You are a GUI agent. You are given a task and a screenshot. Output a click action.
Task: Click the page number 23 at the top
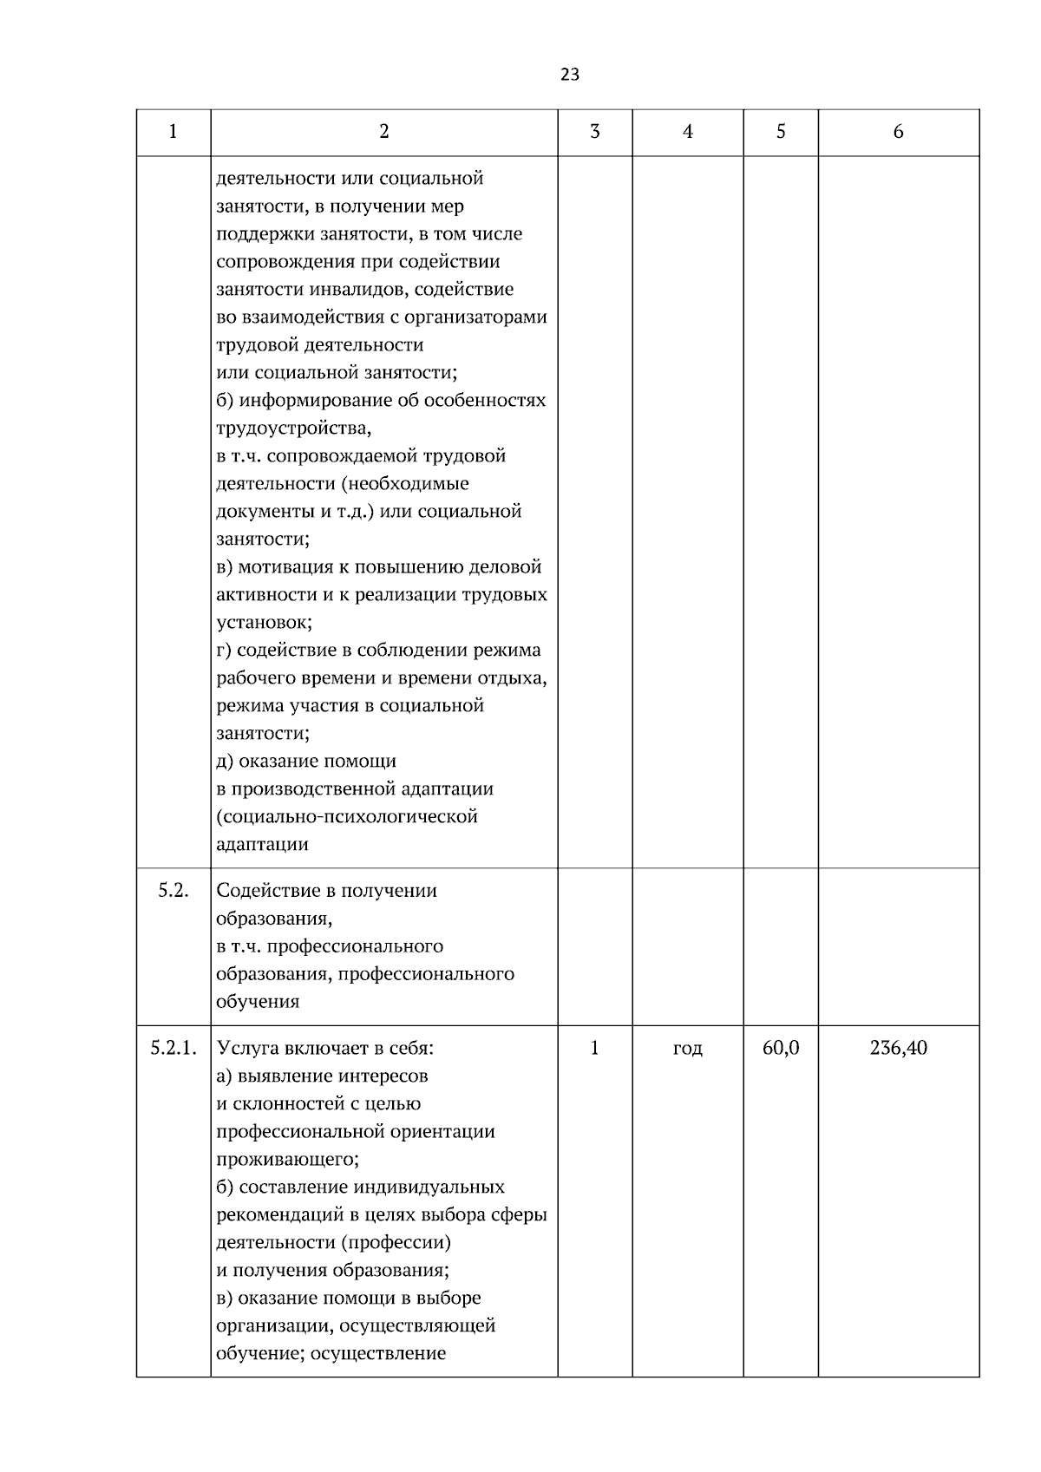[x=570, y=75]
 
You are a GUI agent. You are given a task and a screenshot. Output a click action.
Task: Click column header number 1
[x=173, y=132]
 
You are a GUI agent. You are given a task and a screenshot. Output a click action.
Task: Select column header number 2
[x=384, y=132]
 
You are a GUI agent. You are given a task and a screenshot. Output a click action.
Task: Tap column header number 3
[x=595, y=132]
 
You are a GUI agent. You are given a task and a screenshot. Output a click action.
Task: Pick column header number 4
[x=688, y=132]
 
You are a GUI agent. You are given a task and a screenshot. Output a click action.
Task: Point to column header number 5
[x=781, y=132]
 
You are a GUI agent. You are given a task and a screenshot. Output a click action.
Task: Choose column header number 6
[x=899, y=132]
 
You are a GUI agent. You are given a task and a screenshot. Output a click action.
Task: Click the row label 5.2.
[x=173, y=891]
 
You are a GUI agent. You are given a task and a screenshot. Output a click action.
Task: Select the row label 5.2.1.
[x=173, y=1049]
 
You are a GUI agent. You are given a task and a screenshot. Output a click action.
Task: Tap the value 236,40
[x=899, y=1049]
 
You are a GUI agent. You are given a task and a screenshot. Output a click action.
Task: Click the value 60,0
[x=781, y=1049]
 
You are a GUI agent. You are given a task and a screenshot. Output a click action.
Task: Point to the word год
[x=688, y=1049]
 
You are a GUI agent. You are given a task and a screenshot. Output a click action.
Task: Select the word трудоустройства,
[x=294, y=429]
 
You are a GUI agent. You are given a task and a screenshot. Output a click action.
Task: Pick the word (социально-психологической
[x=347, y=817]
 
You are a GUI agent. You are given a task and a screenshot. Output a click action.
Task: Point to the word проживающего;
[x=287, y=1160]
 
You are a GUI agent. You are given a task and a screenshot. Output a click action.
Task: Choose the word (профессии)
[x=396, y=1243]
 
